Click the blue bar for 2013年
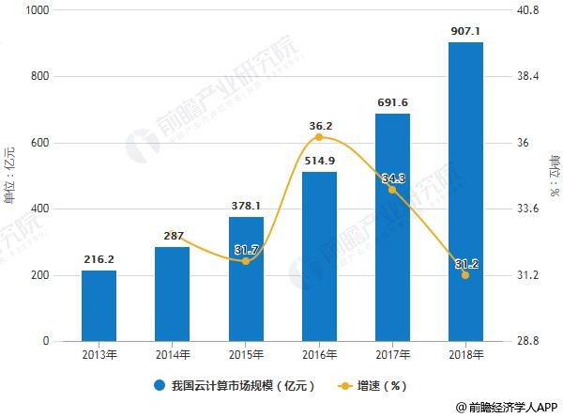point(99,305)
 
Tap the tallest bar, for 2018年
point(465,192)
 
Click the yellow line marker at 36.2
point(319,137)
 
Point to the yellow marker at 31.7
point(246,260)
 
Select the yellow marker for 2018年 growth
point(465,274)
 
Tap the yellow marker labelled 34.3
point(392,189)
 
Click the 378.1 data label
point(246,205)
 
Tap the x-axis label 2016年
point(319,354)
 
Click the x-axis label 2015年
point(246,354)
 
